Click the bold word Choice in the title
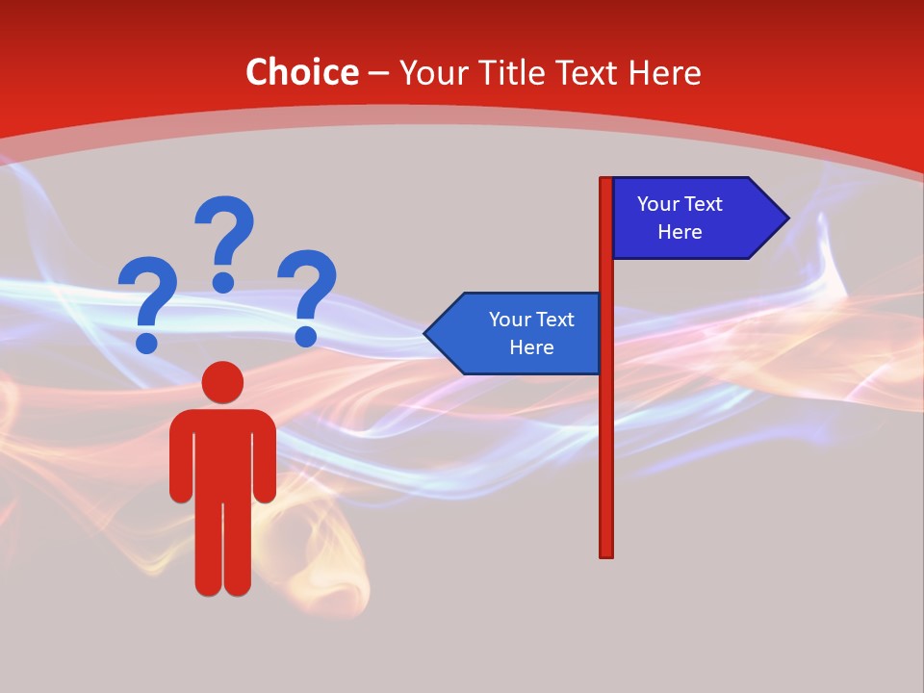pos(301,72)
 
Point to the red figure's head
pos(222,382)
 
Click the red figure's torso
pos(222,452)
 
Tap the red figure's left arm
pos(180,462)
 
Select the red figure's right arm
pos(265,462)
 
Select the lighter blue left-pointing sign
pos(520,334)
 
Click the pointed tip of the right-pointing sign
pos(784,218)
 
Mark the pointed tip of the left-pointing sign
pos(428,334)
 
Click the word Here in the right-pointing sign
pos(680,232)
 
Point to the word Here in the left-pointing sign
pos(531,347)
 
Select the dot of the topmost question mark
pos(223,282)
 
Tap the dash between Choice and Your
pos(378,74)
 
